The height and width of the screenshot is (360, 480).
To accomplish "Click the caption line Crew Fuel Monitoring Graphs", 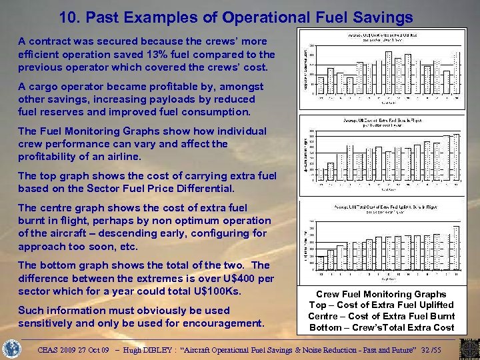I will click(x=381, y=294).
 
